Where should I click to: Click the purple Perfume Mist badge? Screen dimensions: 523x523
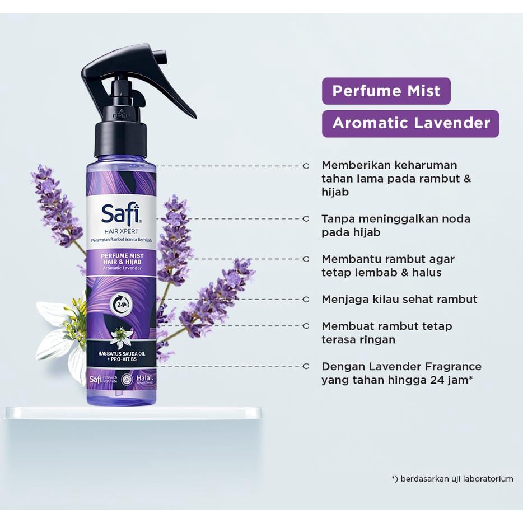click(386, 91)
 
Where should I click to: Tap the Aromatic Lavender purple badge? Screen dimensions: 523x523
click(410, 123)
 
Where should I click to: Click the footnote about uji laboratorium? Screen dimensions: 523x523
click(452, 479)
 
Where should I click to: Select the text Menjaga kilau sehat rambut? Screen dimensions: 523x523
click(399, 300)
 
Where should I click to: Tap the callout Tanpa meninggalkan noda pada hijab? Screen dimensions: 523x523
click(396, 225)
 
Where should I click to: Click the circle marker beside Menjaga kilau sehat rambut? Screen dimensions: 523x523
click(306, 300)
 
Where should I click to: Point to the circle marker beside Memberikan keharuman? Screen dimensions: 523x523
click(306, 166)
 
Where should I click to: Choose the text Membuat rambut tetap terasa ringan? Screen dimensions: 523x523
click(387, 333)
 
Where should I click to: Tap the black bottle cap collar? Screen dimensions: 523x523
click(120, 140)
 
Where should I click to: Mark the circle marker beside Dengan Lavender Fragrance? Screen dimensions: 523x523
click(306, 366)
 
